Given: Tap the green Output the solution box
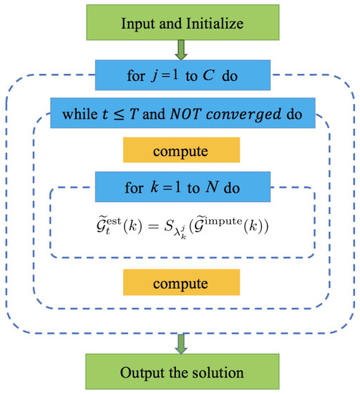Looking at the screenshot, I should tap(180, 373).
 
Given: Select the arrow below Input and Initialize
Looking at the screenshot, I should tap(181, 49).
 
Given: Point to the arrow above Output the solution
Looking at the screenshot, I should tap(181, 347).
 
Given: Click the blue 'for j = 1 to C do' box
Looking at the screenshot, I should tap(180, 73).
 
